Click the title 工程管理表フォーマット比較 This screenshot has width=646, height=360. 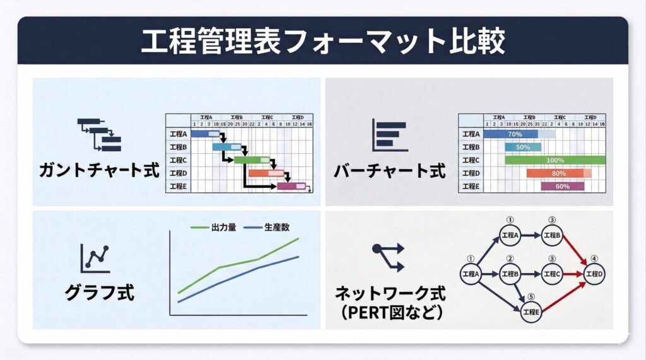tap(322, 41)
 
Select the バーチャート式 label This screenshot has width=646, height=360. tap(389, 170)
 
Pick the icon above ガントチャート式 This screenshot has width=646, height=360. tap(99, 134)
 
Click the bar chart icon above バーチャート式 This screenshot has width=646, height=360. tap(389, 134)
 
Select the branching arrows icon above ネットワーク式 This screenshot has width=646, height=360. tap(388, 257)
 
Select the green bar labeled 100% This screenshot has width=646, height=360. tap(555, 160)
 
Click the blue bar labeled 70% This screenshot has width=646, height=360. tap(512, 134)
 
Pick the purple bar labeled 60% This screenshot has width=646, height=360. tap(563, 187)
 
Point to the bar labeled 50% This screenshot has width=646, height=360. tap(523, 147)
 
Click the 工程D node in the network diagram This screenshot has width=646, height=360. tap(594, 274)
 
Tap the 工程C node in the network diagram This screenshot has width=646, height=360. tap(552, 274)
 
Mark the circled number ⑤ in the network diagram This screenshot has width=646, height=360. tap(531, 296)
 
